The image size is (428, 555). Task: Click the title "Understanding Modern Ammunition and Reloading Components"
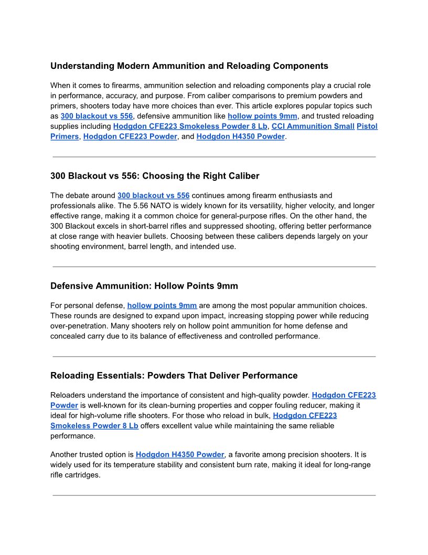pyautogui.click(x=189, y=66)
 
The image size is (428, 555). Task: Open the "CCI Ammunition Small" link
pyautogui.click(x=313, y=126)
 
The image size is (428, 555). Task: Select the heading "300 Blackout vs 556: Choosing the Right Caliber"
pyautogui.click(x=155, y=176)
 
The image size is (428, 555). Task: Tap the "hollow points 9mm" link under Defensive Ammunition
pyautogui.click(x=162, y=305)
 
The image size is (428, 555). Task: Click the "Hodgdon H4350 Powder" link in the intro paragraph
pyautogui.click(x=240, y=137)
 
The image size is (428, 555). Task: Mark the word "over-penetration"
pyautogui.click(x=75, y=326)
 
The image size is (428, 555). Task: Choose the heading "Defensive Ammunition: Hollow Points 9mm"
pyautogui.click(x=144, y=286)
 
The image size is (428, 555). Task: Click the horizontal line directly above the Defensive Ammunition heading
pyautogui.click(x=214, y=267)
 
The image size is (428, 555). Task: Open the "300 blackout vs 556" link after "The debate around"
pyautogui.click(x=153, y=196)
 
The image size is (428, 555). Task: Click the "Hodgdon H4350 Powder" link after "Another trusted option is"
pyautogui.click(x=180, y=454)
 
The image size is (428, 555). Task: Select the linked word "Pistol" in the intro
pyautogui.click(x=367, y=126)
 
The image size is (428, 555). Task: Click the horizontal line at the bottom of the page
pyautogui.click(x=214, y=495)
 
